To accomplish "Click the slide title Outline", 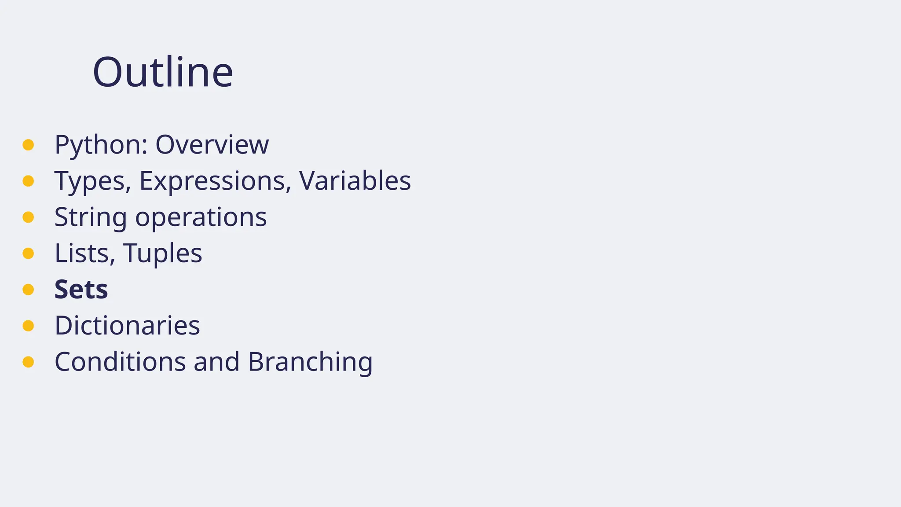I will (163, 72).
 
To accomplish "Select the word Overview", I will (212, 145).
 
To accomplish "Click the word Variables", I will (355, 181).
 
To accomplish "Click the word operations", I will (201, 217).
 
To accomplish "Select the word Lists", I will (84, 253).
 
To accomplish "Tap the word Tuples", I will (162, 253).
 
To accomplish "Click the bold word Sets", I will (81, 290).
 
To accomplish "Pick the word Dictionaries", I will (127, 326).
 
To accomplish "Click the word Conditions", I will (120, 362).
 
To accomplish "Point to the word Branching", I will (310, 362).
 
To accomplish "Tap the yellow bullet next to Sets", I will (28, 290).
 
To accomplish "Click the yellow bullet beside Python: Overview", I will (28, 145).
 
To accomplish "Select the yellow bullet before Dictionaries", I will (28, 326).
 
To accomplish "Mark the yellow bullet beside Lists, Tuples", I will (28, 253).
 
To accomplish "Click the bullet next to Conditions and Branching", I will (28, 362).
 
